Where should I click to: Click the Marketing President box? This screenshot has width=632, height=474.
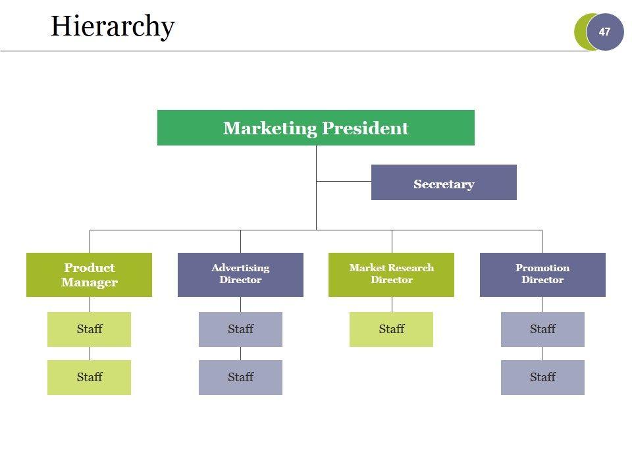[x=315, y=128]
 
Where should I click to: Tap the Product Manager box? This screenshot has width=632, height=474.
[x=89, y=275]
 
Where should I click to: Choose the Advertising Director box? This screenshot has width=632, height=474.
[x=240, y=275]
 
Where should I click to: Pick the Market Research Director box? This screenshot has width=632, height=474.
[x=391, y=275]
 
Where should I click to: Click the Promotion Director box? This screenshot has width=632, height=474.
[x=542, y=275]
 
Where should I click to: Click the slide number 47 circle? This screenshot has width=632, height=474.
[x=604, y=32]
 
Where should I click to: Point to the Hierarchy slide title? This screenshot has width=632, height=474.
[x=113, y=26]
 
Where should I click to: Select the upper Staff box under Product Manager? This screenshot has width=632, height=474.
[x=89, y=329]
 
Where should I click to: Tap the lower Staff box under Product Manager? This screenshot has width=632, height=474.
[x=89, y=377]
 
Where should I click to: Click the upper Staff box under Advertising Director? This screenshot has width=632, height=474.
[x=240, y=329]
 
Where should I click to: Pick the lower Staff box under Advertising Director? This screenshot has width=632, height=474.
[x=240, y=377]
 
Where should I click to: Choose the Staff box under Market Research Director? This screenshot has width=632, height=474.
[x=391, y=329]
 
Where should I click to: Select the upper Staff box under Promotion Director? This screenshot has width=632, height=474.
[x=542, y=329]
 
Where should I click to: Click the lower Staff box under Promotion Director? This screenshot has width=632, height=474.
[x=542, y=377]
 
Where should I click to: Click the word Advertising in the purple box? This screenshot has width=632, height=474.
[x=240, y=268]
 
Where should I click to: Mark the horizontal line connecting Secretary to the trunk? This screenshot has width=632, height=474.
[x=344, y=180]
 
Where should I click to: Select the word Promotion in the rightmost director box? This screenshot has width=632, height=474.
[x=542, y=268]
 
